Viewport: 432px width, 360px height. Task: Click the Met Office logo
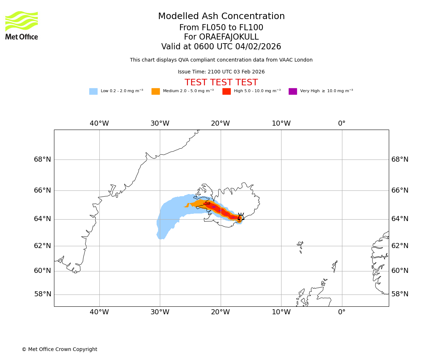coord(22,26)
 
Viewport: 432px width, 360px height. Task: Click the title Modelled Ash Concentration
coord(221,17)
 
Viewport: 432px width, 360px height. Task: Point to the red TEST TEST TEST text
coord(221,83)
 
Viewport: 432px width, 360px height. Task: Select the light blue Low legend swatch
coord(93,91)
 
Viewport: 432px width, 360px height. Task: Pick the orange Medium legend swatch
coord(156,91)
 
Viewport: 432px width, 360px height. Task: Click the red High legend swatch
coord(226,91)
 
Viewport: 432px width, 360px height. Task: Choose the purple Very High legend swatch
coord(293,91)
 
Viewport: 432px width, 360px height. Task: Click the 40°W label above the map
coord(99,123)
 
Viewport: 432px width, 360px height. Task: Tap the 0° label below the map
coord(342,312)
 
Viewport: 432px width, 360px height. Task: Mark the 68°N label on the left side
coord(42,159)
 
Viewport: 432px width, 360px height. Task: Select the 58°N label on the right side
coord(400,294)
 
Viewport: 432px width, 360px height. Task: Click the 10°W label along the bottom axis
coord(281,312)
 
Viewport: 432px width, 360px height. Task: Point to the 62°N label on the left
coord(42,246)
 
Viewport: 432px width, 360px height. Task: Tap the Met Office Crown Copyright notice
coord(59,350)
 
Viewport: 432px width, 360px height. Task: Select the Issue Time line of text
coord(221,72)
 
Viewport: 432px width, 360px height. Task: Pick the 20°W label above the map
coord(220,123)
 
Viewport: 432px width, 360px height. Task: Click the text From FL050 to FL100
coord(221,28)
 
